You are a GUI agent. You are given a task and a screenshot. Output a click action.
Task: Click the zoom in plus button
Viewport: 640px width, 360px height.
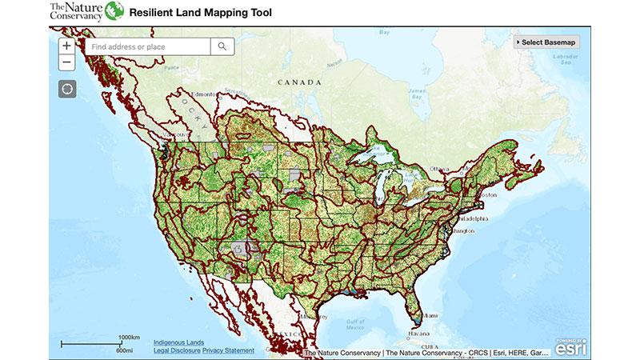pyautogui.click(x=66, y=46)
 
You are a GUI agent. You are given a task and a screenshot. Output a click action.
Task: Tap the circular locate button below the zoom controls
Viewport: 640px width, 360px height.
pyautogui.click(x=67, y=88)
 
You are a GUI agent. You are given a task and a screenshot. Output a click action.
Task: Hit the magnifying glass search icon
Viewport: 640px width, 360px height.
pyautogui.click(x=222, y=47)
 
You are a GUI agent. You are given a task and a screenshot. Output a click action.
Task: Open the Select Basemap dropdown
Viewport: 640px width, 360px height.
pyautogui.click(x=548, y=42)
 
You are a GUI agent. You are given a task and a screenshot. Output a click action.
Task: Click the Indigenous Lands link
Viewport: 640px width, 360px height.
pyautogui.click(x=178, y=342)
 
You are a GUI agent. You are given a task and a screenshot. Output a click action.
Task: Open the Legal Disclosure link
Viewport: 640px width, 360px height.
pyautogui.click(x=177, y=350)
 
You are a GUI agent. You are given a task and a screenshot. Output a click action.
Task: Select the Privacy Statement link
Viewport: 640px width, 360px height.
pyautogui.click(x=228, y=350)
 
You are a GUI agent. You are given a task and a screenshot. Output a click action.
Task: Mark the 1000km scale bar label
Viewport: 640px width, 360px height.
pyautogui.click(x=129, y=337)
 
